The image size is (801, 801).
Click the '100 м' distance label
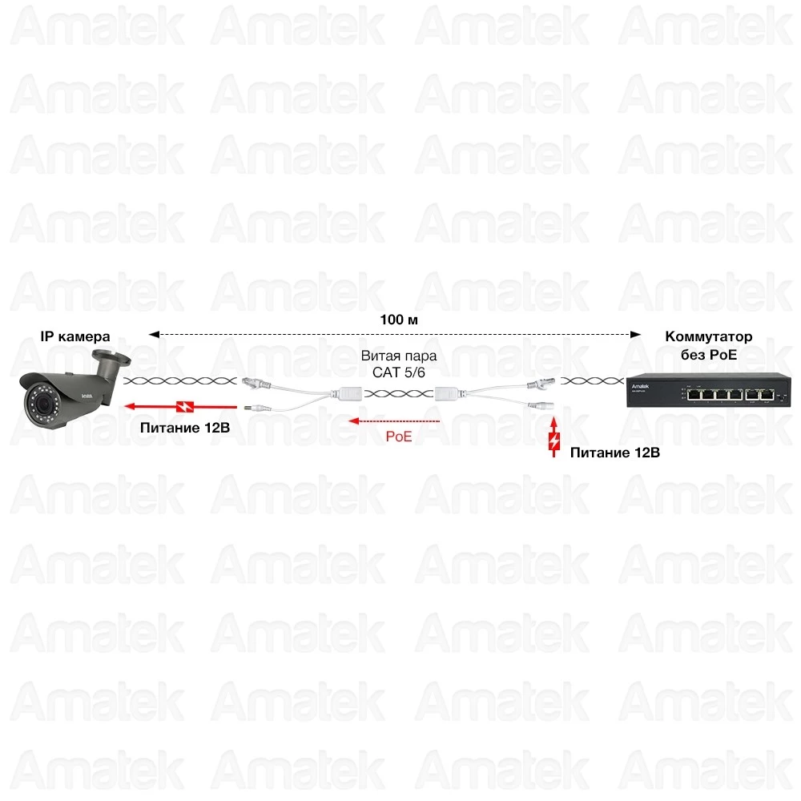pyautogui.click(x=399, y=320)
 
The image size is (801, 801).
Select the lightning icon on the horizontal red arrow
pyautogui.click(x=184, y=406)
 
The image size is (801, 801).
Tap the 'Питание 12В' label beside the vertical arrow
pyautogui.click(x=614, y=453)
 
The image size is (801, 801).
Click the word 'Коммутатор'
pyautogui.click(x=709, y=337)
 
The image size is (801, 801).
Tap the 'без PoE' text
pyautogui.click(x=709, y=355)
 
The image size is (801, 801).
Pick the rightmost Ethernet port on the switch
pyautogui.click(x=767, y=394)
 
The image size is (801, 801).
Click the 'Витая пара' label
pyautogui.click(x=398, y=355)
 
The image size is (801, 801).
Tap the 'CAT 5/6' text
pyautogui.click(x=398, y=372)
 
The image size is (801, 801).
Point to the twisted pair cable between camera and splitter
pyautogui.click(x=179, y=381)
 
